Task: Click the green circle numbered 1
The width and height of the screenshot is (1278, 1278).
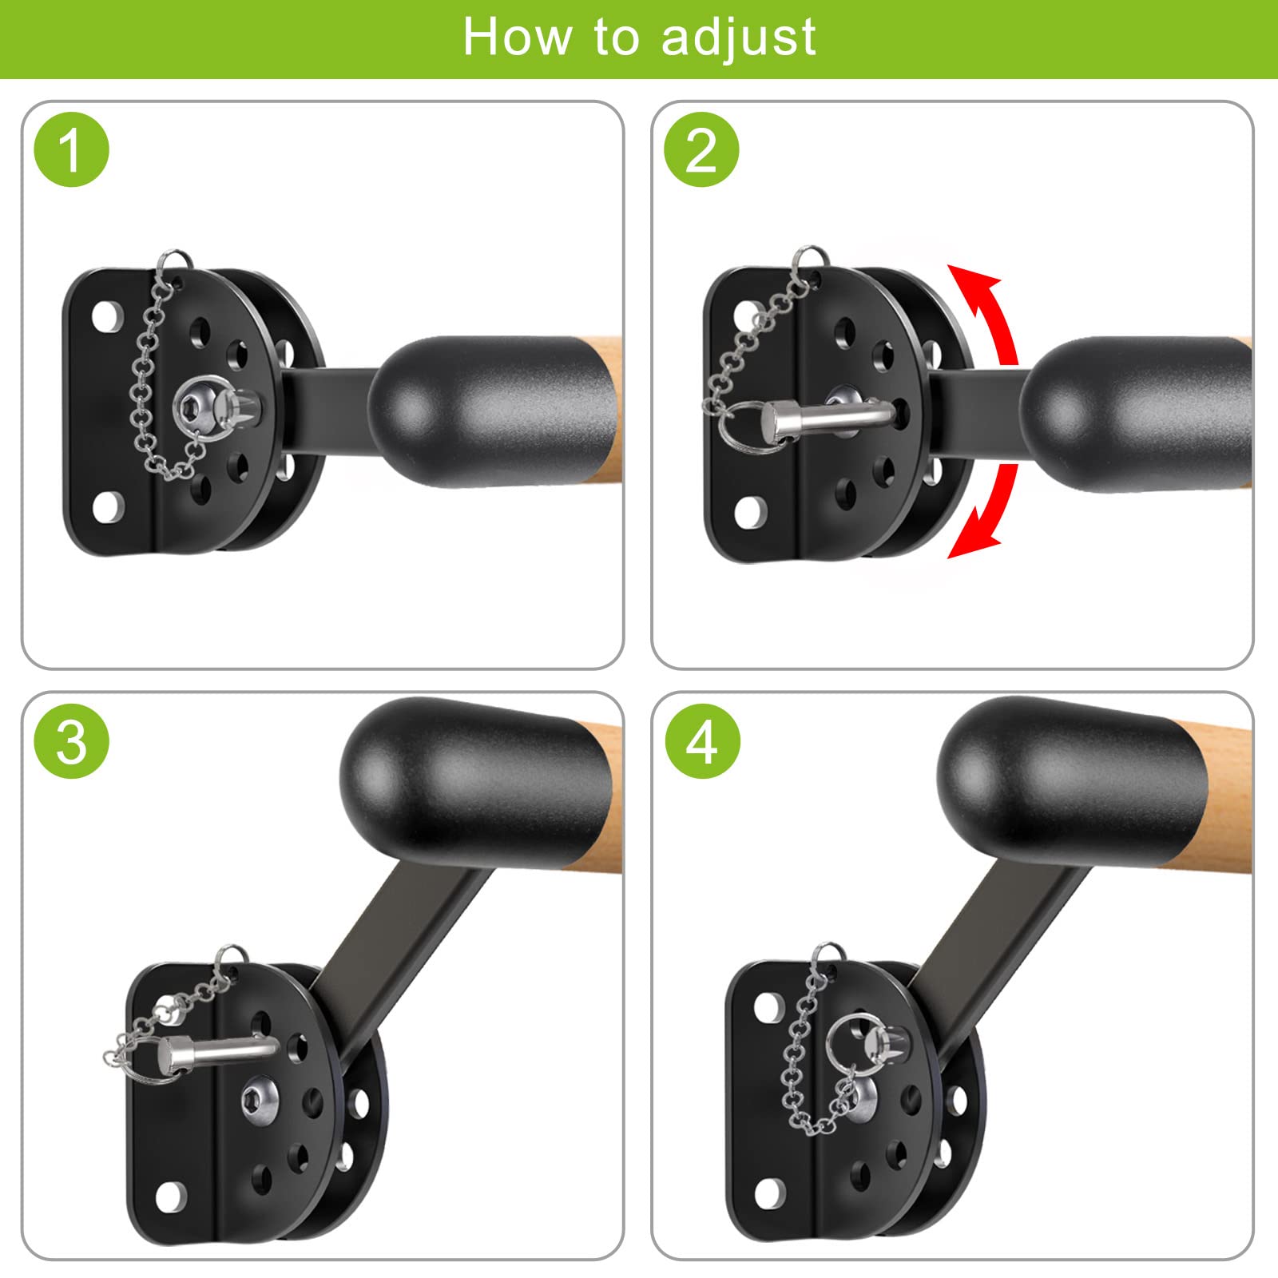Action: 71,150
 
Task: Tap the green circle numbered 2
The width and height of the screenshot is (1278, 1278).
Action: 701,150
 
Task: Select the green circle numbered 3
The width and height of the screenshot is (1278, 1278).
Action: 71,741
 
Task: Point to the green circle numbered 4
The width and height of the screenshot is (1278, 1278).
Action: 702,741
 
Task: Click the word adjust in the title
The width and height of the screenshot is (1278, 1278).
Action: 739,38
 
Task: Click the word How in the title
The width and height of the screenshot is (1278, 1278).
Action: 518,37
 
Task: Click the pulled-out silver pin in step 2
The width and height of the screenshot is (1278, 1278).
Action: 827,418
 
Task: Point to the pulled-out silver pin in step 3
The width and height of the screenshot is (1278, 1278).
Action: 216,1054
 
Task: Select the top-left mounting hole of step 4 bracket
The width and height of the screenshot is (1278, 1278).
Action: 768,1007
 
